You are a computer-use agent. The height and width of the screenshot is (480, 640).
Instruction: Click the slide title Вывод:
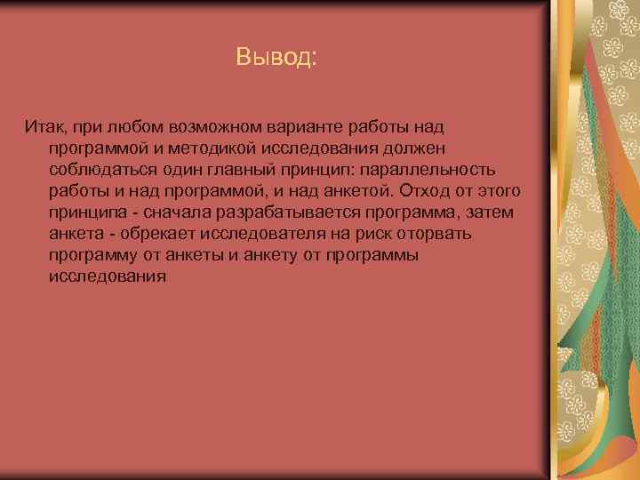pyautogui.click(x=276, y=58)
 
